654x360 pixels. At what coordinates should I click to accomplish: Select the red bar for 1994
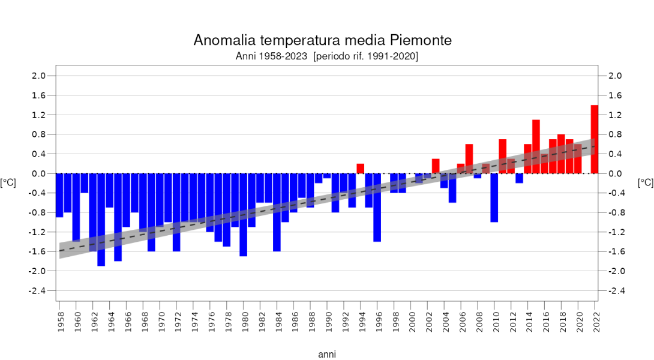tap(361, 169)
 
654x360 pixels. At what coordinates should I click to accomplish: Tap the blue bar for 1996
tap(377, 207)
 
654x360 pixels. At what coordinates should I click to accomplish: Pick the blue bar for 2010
tap(494, 197)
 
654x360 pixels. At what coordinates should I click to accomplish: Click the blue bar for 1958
tap(59, 195)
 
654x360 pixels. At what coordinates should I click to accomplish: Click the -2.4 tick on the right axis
tap(615, 291)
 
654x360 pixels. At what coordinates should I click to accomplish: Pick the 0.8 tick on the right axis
tap(615, 134)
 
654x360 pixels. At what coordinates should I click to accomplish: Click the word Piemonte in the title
tap(421, 40)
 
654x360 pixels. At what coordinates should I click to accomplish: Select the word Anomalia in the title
tap(221, 40)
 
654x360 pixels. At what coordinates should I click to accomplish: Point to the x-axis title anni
tap(327, 355)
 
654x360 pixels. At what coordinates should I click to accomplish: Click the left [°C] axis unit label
tap(8, 183)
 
